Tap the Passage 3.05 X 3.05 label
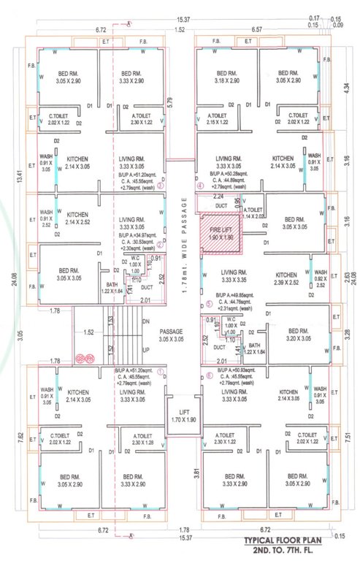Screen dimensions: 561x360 click(x=171, y=335)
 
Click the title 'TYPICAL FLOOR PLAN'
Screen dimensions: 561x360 click(x=291, y=541)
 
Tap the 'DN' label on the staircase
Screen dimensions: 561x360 click(x=147, y=320)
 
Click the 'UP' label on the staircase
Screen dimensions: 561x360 click(x=147, y=350)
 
